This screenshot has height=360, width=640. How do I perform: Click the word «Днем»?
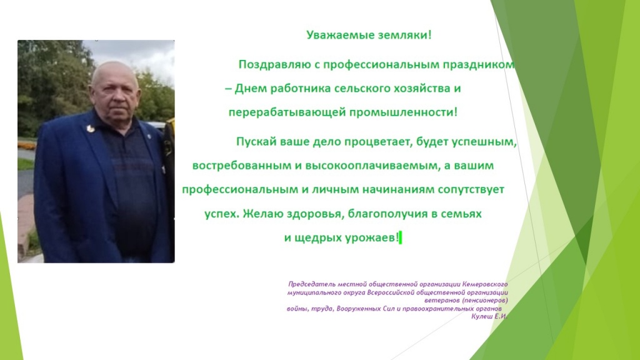[x=251, y=89]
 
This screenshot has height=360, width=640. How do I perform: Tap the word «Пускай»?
[x=256, y=142]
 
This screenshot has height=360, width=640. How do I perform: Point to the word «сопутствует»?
[x=471, y=190]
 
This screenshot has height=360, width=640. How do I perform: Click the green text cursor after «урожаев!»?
[x=401, y=237]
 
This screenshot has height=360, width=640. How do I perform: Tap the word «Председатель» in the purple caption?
[x=307, y=284]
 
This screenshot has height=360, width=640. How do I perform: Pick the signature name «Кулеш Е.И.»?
[x=489, y=316]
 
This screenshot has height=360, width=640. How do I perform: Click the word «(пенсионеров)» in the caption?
[x=485, y=301]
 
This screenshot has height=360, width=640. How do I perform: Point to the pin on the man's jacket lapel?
[x=90, y=129]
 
